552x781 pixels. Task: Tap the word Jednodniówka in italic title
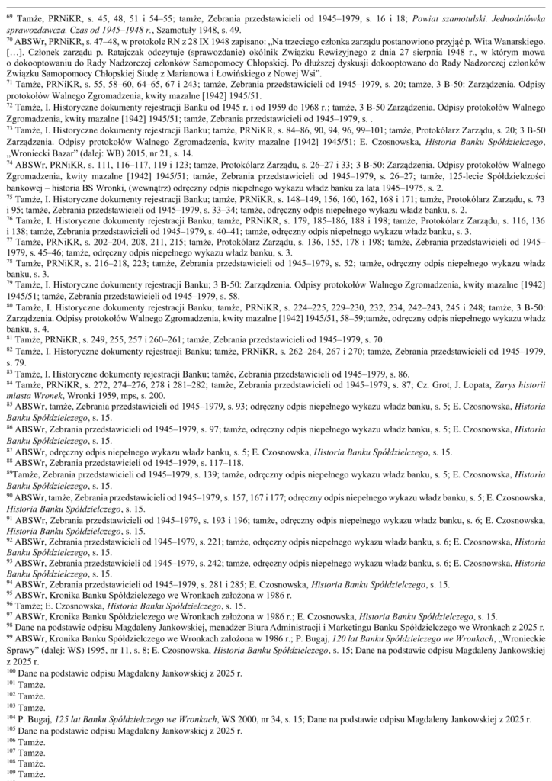coord(499,13)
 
